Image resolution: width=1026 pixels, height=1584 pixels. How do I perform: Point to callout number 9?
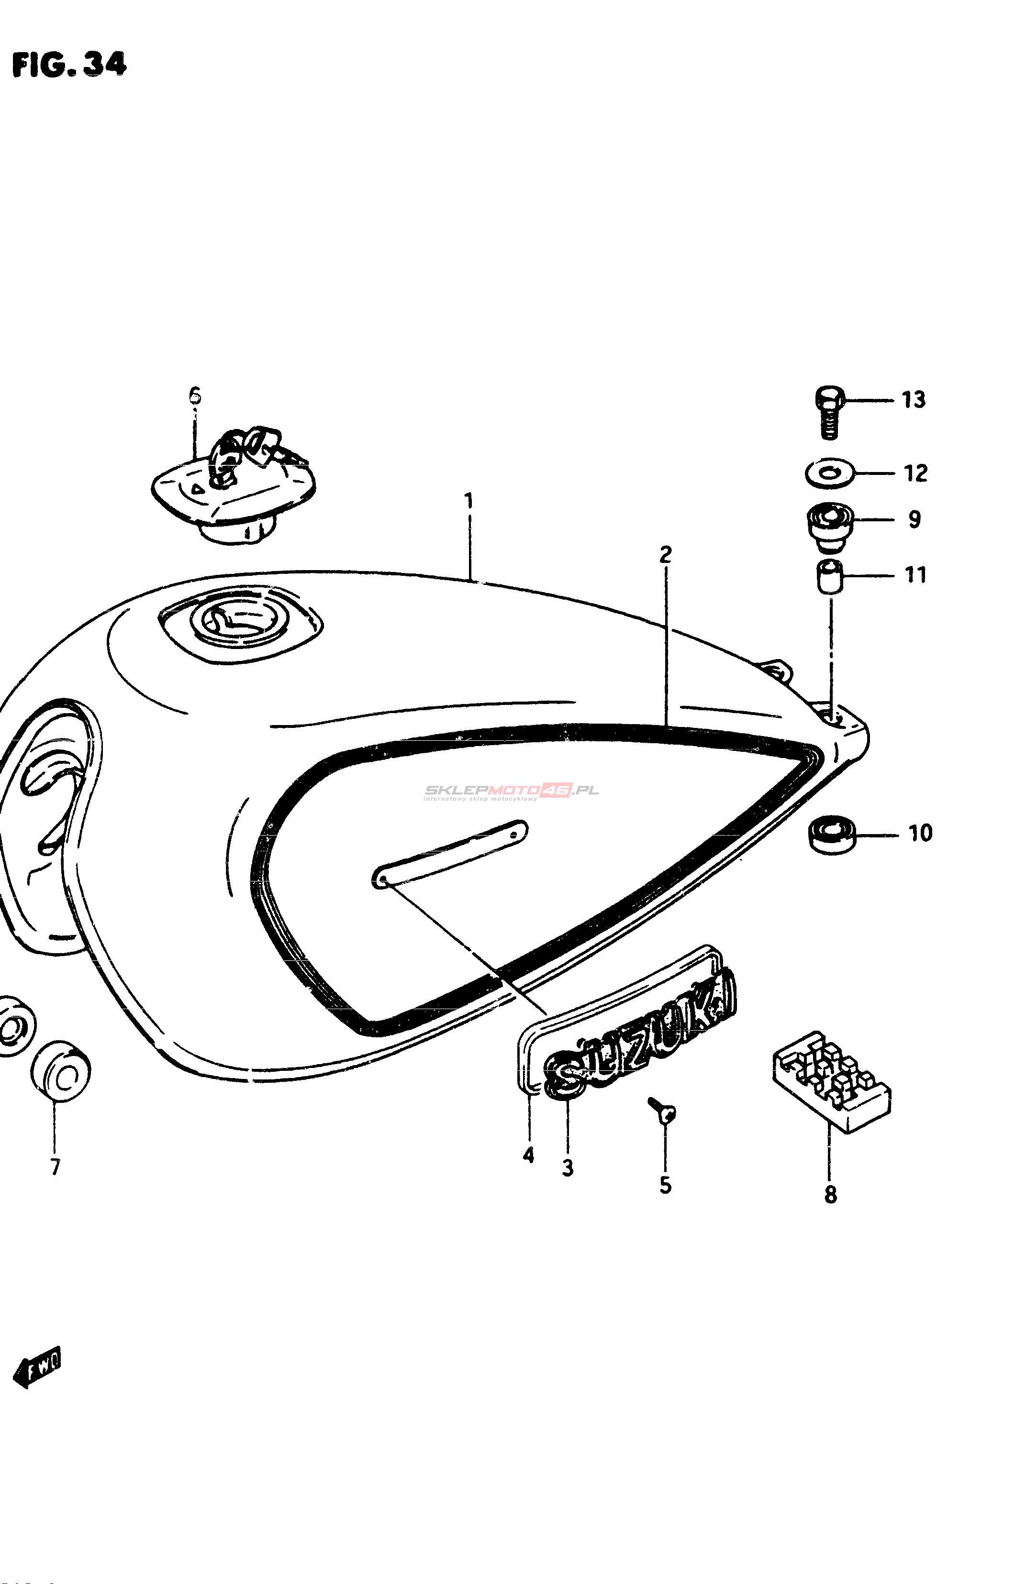914,519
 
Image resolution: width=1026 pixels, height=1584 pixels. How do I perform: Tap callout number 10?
920,833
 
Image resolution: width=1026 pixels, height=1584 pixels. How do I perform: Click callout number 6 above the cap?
194,396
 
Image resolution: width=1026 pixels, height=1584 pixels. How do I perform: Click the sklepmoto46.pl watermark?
512,792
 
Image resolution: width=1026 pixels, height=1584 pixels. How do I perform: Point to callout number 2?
665,554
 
